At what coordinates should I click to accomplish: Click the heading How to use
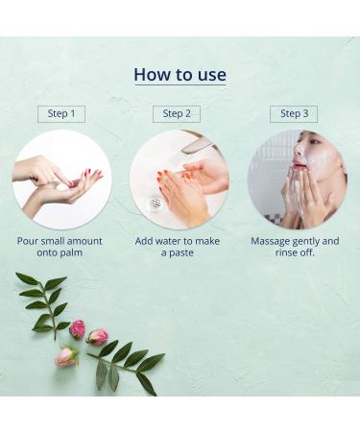tap(180, 74)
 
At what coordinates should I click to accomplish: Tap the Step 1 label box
tap(61, 113)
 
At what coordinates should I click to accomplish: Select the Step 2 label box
tap(177, 113)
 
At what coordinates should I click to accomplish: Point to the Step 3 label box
tap(294, 113)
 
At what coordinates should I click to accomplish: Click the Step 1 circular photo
tap(61, 179)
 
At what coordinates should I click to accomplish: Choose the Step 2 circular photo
tap(179, 179)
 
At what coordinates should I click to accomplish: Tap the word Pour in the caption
tap(30, 241)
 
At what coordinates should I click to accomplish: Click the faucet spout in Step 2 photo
tap(197, 144)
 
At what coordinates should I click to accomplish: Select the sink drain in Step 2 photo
tap(156, 204)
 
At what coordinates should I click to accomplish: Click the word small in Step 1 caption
tap(59, 241)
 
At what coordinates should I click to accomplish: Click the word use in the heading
tap(211, 74)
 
